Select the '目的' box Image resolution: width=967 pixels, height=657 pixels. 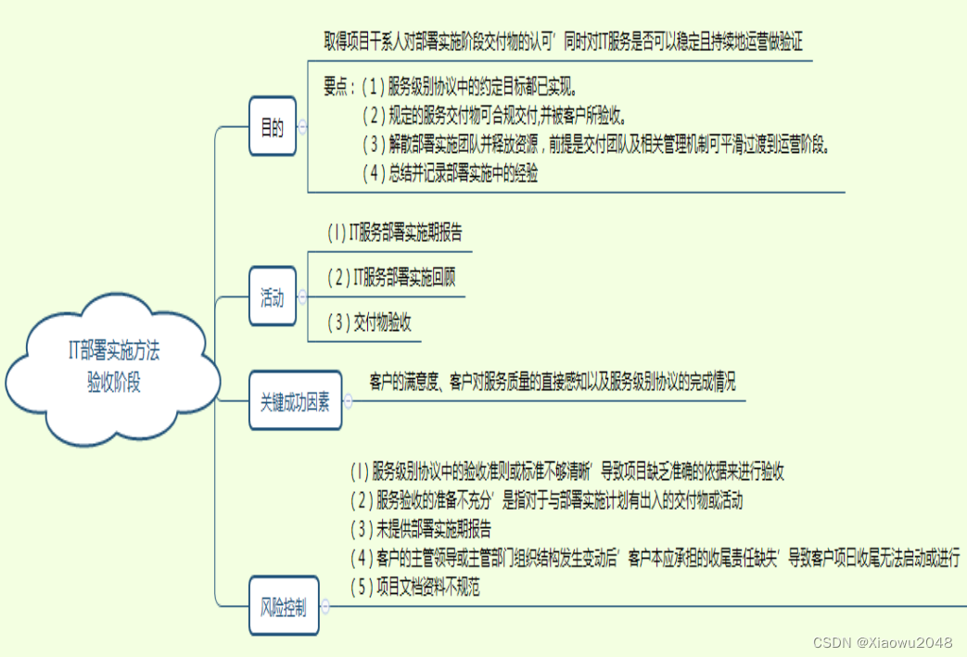tap(273, 128)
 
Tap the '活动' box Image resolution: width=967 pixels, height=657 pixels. tap(273, 298)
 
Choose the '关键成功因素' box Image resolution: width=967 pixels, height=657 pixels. tap(295, 401)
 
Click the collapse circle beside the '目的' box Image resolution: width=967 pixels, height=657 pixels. tap(303, 129)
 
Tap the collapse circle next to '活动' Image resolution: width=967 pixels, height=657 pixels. tap(303, 298)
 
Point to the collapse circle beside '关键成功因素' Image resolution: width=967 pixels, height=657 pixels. tap(349, 401)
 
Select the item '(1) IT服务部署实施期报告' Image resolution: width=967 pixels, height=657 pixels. tap(395, 233)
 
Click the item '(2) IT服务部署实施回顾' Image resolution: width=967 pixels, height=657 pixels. tap(391, 277)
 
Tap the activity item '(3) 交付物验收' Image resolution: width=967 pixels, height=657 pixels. tap(369, 322)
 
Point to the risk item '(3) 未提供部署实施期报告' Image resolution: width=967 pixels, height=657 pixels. tap(421, 529)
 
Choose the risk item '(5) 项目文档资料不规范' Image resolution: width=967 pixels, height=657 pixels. tap(415, 587)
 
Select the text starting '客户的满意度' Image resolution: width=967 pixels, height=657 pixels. tap(552, 381)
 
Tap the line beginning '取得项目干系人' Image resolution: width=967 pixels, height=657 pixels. tap(562, 41)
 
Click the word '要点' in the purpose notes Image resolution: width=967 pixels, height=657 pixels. tap(337, 87)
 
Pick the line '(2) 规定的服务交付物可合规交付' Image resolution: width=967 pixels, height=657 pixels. tap(494, 116)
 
